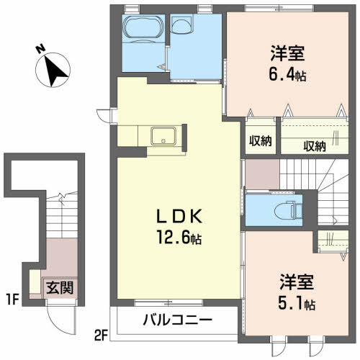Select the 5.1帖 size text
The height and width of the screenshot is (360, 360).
[x=297, y=303]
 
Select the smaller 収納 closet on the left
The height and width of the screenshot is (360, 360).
[x=260, y=141]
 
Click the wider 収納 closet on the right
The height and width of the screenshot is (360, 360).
[x=314, y=145]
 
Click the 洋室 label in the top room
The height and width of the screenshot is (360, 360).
[x=287, y=53]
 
